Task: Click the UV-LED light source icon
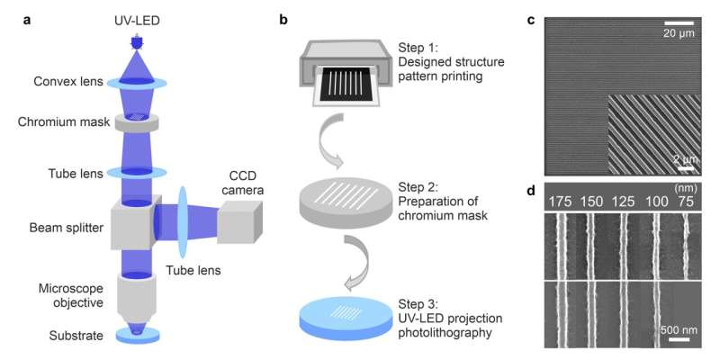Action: click(137, 41)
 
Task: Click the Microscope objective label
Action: click(57, 295)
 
